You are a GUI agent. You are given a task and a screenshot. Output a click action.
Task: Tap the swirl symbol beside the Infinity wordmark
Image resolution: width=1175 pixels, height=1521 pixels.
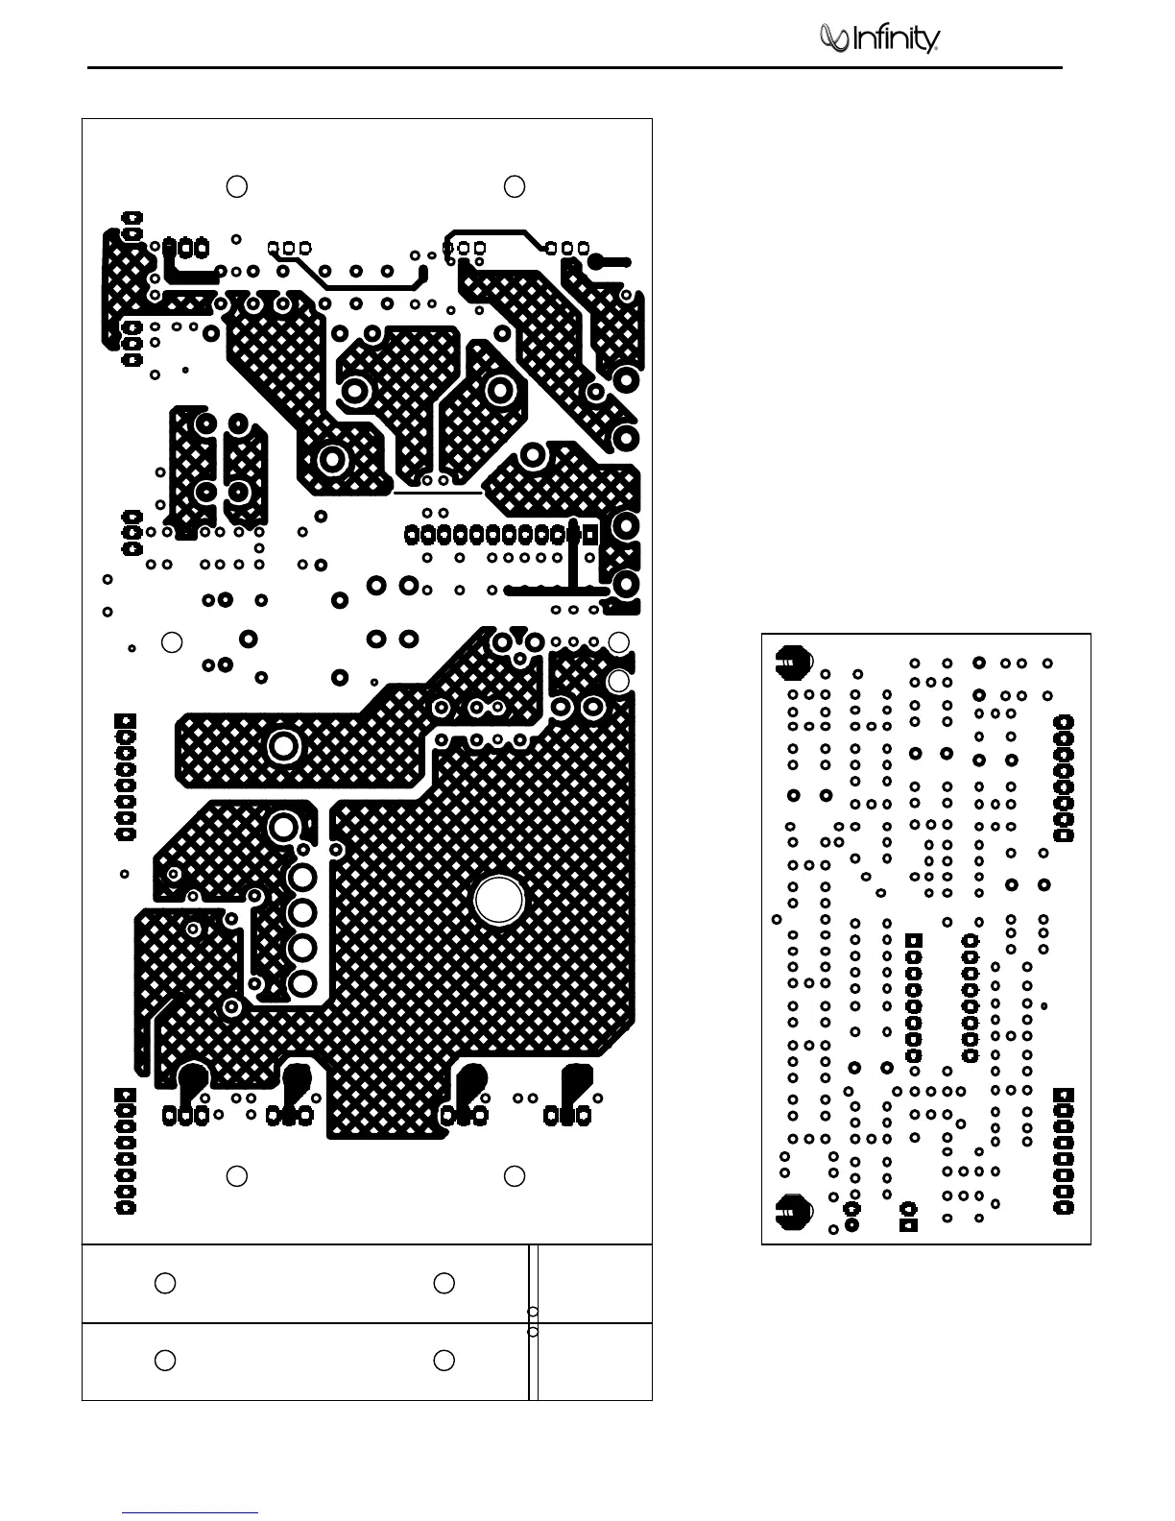832,37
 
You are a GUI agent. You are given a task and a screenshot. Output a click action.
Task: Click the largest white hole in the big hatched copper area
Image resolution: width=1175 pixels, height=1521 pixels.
499,900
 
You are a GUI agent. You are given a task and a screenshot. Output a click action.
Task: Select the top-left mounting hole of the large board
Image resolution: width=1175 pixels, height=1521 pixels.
237,186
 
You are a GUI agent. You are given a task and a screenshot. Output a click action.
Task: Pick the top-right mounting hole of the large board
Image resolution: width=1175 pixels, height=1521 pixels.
515,186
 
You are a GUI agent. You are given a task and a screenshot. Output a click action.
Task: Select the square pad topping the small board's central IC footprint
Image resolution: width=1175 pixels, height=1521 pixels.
914,940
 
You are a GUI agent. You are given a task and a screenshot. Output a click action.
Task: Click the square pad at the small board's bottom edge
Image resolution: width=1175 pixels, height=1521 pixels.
908,1224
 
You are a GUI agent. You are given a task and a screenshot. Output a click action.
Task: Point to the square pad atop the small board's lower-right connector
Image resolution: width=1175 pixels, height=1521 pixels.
1064,1096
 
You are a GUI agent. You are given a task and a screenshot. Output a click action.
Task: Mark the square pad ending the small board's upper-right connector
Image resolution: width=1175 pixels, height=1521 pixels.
1064,835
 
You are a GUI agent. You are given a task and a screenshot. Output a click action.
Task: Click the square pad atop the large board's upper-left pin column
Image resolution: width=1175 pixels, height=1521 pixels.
125,721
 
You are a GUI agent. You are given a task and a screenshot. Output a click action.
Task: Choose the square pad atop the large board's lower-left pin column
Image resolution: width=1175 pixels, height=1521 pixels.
125,1096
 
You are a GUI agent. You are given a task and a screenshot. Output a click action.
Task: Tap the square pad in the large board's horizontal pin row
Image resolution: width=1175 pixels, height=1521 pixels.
590,533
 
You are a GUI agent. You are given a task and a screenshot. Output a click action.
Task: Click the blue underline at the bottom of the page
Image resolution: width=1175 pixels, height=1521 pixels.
191,1512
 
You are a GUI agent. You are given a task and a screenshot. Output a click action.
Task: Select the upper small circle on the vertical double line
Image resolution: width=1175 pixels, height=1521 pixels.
533,1312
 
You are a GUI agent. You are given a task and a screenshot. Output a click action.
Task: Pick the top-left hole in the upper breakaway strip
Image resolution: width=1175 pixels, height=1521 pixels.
165,1283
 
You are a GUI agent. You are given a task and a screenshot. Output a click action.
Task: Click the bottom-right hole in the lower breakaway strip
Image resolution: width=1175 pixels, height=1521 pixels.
444,1361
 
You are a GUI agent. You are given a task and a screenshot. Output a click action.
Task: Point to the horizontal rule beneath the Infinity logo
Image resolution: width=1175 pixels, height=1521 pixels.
576,67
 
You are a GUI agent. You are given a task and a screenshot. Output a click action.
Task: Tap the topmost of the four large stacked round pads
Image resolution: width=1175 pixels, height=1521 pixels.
303,877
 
